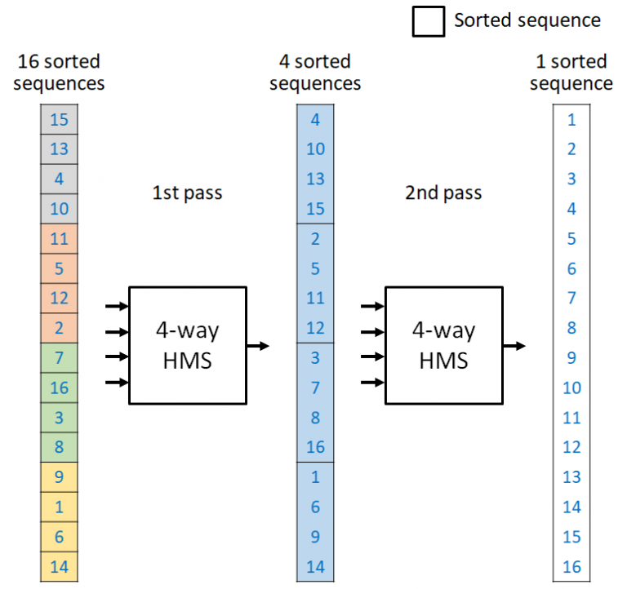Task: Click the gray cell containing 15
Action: click(x=59, y=120)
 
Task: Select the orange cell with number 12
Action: click(x=59, y=298)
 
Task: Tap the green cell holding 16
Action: click(x=59, y=387)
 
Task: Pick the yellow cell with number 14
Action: click(x=59, y=566)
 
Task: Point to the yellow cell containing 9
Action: click(x=59, y=476)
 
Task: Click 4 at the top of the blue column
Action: click(x=316, y=120)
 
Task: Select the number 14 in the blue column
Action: click(x=316, y=566)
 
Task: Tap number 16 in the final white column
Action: click(x=571, y=566)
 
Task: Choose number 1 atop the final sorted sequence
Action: click(x=571, y=120)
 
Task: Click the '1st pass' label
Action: click(x=187, y=193)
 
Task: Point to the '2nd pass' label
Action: click(x=443, y=193)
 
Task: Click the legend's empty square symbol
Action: click(x=428, y=21)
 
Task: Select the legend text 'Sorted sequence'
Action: click(x=527, y=21)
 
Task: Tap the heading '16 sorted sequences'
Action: click(x=59, y=73)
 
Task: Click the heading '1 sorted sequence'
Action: click(x=571, y=73)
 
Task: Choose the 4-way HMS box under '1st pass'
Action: click(x=188, y=344)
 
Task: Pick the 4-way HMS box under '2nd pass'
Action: click(x=443, y=344)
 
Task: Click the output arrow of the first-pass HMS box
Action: click(x=258, y=346)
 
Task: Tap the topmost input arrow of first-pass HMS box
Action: click(x=118, y=307)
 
